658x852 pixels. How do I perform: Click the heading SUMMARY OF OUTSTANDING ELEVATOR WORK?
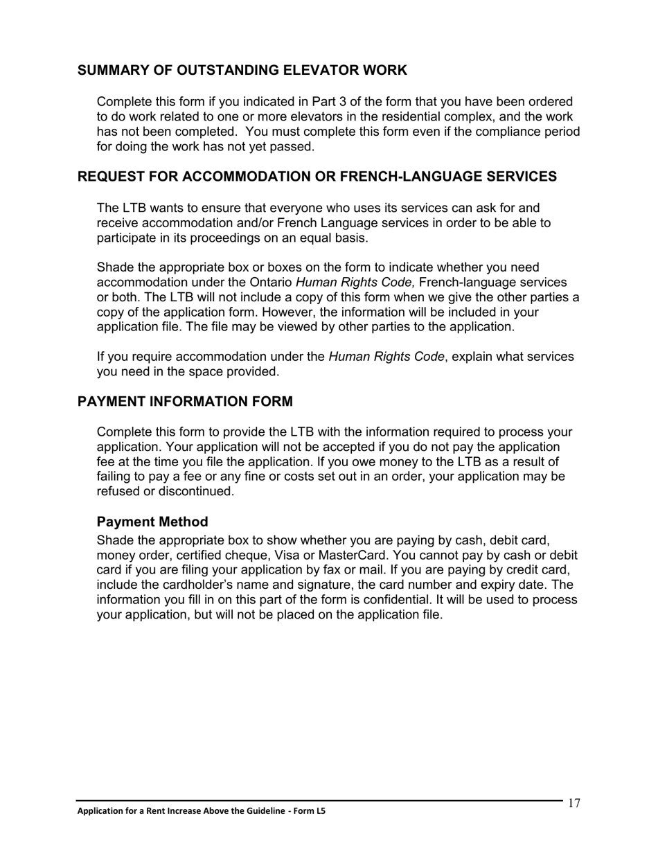242,71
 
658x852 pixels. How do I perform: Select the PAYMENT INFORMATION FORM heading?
185,402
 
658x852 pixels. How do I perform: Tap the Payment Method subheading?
152,522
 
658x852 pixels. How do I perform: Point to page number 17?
573,804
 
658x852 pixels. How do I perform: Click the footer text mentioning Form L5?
201,811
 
